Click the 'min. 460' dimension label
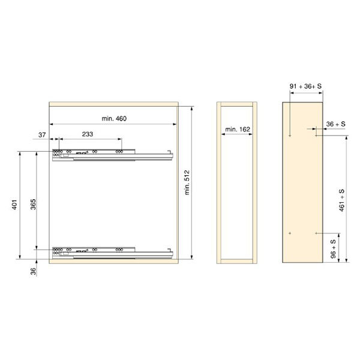click(114, 118)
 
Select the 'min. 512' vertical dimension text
click(187, 182)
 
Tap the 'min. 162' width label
click(238, 129)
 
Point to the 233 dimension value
click(88, 134)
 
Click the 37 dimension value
click(42, 135)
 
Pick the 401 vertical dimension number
click(14, 205)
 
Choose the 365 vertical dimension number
click(33, 205)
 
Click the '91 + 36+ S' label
click(305, 86)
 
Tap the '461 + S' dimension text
click(341, 200)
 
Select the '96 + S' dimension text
click(333, 249)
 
